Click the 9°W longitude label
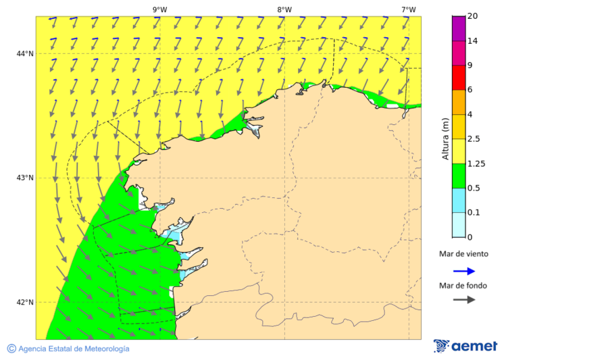(x=159, y=9)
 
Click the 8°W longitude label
(x=284, y=9)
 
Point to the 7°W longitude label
(x=408, y=9)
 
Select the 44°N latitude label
(x=25, y=53)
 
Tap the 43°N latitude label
(x=25, y=178)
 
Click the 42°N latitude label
(x=25, y=302)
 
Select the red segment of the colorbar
(x=459, y=77)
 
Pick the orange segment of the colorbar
(x=459, y=102)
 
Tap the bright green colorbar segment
(x=459, y=176)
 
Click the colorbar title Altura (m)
(x=445, y=138)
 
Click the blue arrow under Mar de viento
(x=463, y=271)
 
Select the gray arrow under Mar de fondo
(x=463, y=300)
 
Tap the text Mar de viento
(x=463, y=254)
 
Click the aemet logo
(x=465, y=346)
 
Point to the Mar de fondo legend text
(x=463, y=285)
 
